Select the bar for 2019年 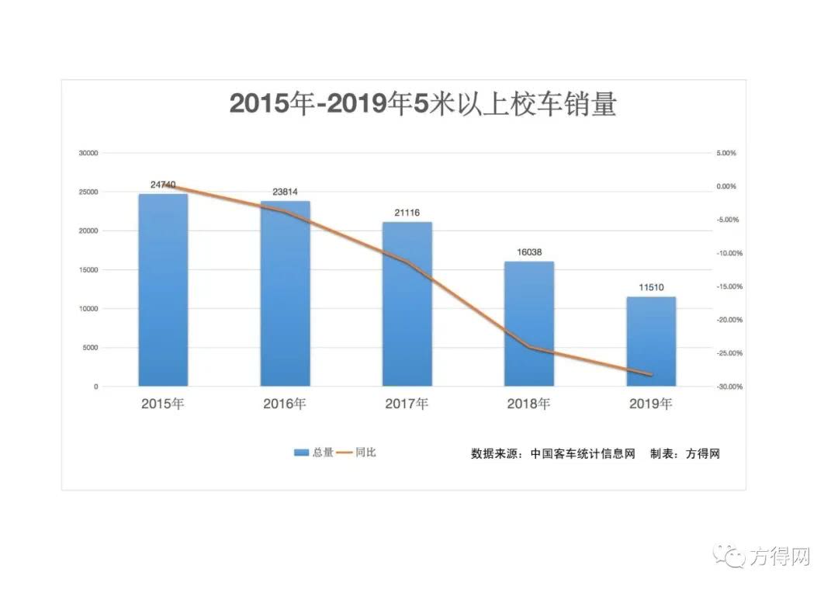pos(651,342)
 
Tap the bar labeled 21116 pos(407,303)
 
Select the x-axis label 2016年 pos(285,404)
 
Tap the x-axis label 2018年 pos(528,404)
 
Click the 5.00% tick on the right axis pos(725,154)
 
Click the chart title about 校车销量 pos(423,104)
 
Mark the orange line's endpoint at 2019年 pos(651,375)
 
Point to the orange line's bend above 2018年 pos(530,347)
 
